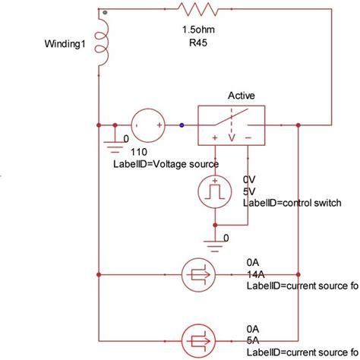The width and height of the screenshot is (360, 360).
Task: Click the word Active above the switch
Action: tap(242, 96)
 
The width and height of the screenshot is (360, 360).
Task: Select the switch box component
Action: tap(232, 123)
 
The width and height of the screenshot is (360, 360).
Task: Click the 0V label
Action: tap(249, 178)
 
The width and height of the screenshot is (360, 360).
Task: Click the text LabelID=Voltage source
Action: tap(174, 163)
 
